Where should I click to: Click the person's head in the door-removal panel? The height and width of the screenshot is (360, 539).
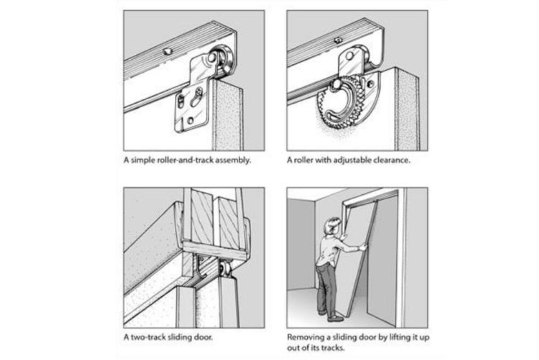coord(332,226)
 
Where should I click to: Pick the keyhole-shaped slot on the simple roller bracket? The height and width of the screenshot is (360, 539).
coord(197,97)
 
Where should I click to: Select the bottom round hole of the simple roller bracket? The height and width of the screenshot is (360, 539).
coord(190,120)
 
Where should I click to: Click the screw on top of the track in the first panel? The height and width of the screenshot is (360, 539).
coord(168,51)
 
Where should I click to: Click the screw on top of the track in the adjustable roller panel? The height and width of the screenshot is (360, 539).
coord(338,40)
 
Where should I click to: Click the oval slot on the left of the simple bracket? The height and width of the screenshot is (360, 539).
coord(181,101)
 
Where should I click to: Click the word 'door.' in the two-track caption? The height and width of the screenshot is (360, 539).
coord(203,337)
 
